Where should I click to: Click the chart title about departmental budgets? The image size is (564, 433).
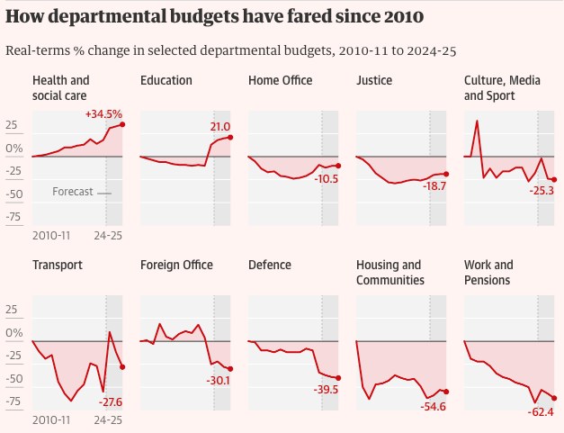click(215, 17)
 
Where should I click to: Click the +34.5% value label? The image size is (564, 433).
click(103, 115)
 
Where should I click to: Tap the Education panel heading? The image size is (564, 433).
click(166, 81)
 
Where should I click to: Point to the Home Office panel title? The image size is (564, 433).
click(280, 81)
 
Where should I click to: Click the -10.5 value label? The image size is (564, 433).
click(327, 179)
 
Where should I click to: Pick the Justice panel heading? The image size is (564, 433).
click(374, 81)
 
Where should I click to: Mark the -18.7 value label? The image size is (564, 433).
click(435, 185)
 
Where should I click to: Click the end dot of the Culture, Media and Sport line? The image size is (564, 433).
click(554, 180)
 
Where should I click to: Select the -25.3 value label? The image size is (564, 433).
click(543, 191)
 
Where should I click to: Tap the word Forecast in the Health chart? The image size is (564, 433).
click(73, 193)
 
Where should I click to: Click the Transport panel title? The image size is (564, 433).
click(58, 266)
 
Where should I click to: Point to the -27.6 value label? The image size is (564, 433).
click(110, 401)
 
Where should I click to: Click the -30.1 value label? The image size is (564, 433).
click(219, 381)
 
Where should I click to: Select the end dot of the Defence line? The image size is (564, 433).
click(338, 378)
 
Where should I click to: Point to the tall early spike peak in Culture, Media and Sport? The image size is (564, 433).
click(477, 121)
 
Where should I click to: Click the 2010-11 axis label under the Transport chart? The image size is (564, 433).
click(51, 419)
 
